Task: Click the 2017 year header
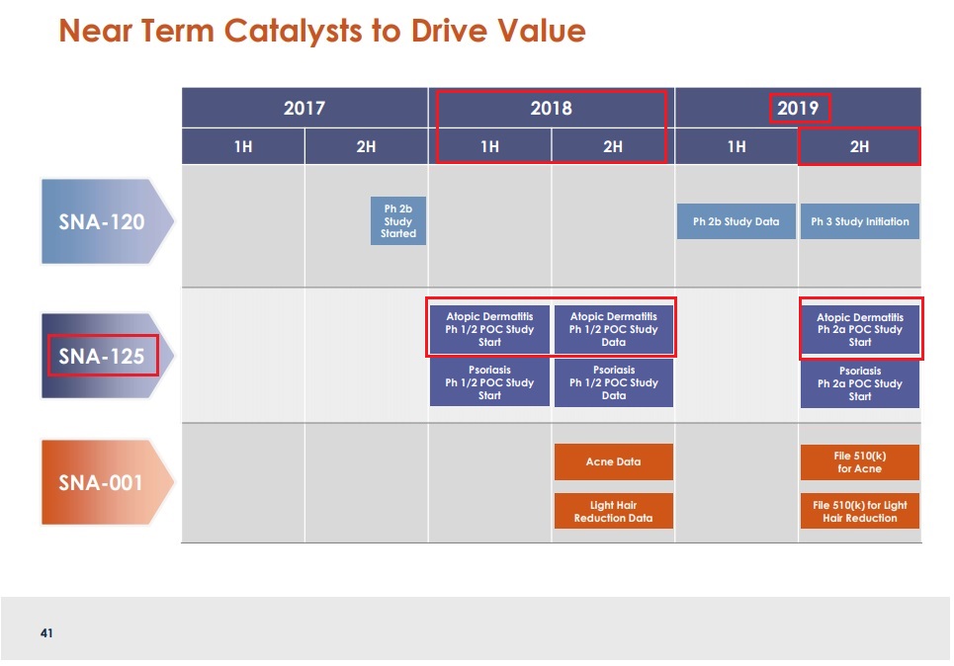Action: point(304,108)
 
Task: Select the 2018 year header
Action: point(551,108)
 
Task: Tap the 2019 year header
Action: point(798,108)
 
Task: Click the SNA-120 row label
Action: point(101,221)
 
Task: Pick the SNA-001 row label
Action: point(101,482)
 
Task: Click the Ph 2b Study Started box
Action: point(398,222)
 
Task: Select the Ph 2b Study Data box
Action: point(737,221)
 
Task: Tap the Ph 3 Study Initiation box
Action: point(859,221)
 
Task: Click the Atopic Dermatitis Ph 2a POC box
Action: point(859,330)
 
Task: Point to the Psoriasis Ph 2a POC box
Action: point(859,383)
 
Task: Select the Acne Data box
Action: point(613,461)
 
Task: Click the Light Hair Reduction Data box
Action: point(613,511)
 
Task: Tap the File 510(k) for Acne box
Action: point(859,461)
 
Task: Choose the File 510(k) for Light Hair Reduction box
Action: point(859,511)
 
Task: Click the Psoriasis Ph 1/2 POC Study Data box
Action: point(613,382)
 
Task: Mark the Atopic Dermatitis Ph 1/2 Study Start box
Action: point(489,329)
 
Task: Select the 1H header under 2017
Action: point(242,147)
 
